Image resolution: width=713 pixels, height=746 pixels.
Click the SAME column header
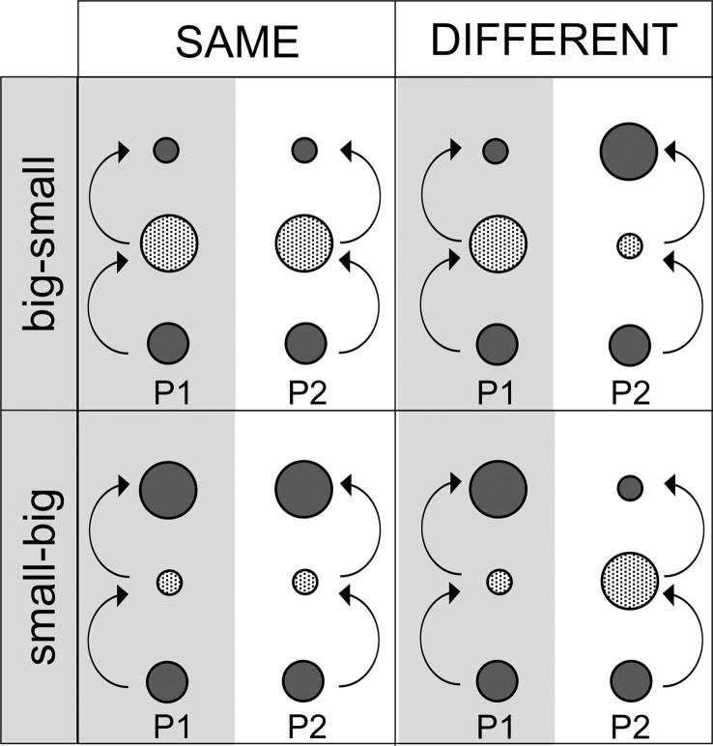pos(237,40)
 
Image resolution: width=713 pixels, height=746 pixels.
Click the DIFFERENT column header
pos(553,40)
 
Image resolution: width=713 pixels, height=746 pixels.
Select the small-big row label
pos(40,578)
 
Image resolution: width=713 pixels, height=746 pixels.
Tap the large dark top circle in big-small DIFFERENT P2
pos(630,150)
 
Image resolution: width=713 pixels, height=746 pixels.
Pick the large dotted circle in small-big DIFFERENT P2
pos(630,580)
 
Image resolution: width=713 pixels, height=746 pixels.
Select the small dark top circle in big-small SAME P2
pos(304,150)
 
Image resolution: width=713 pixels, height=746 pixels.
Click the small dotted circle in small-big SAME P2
pos(304,582)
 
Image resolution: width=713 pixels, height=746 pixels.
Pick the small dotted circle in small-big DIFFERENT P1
pos(499,582)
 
